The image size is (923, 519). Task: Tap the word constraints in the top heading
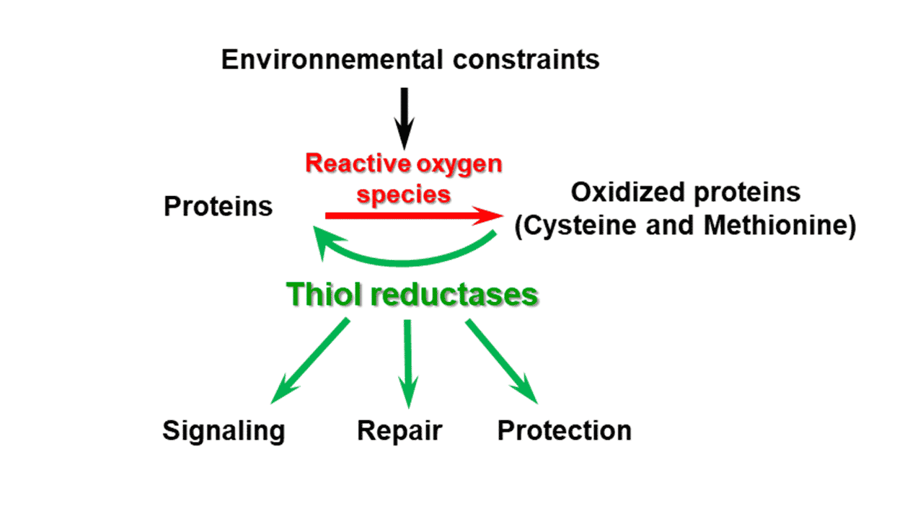pyautogui.click(x=526, y=59)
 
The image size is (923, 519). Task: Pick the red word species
pyautogui.click(x=404, y=194)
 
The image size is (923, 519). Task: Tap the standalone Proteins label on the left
pyautogui.click(x=218, y=207)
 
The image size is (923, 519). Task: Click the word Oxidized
pyautogui.click(x=625, y=193)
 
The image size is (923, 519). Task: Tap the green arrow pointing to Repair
pyautogui.click(x=408, y=364)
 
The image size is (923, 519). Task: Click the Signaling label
pyautogui.click(x=224, y=430)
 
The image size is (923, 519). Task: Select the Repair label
pyautogui.click(x=399, y=430)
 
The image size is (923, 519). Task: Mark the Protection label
pyautogui.click(x=565, y=430)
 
